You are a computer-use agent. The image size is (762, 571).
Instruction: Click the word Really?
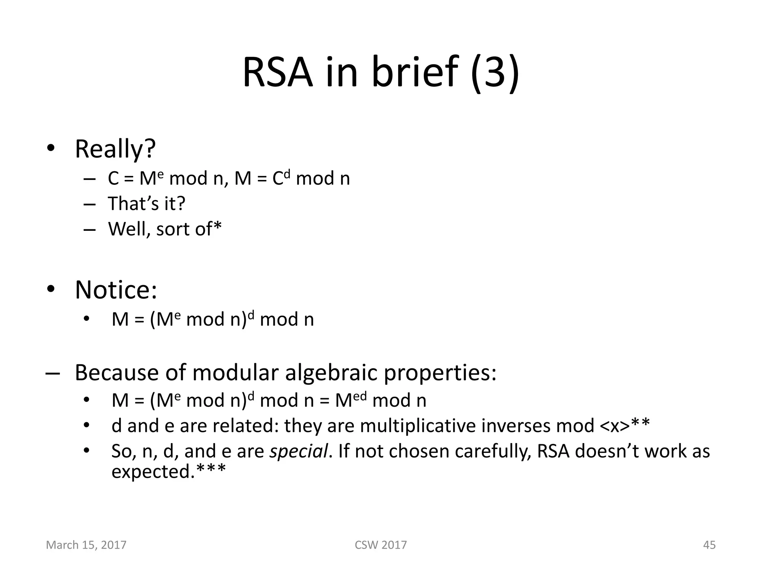pos(115,149)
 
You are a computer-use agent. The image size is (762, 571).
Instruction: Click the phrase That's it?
pos(146,203)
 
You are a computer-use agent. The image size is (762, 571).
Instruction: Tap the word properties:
pos(440,373)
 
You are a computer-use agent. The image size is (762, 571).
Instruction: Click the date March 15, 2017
pos(86,545)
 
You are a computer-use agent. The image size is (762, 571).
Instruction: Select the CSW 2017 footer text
pos(381,545)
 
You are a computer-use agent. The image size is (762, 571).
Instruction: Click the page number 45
pos(709,545)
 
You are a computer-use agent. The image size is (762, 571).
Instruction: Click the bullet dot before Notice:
pos(51,289)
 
